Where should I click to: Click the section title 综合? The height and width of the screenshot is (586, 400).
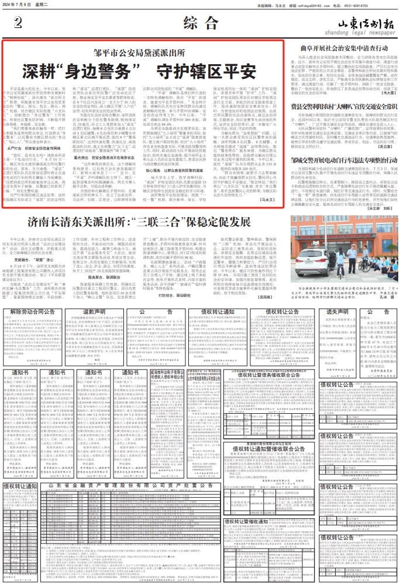199,24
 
